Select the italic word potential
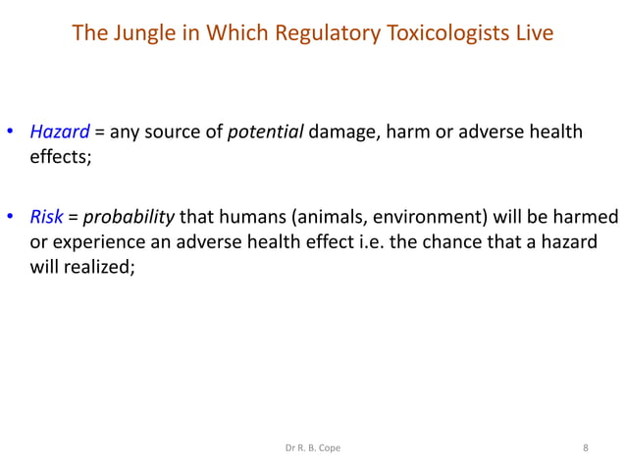click(x=265, y=133)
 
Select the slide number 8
click(x=586, y=449)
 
